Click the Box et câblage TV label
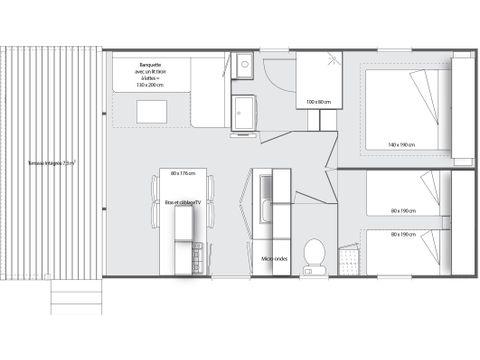pyautogui.click(x=183, y=203)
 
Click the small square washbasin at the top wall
pyautogui.click(x=244, y=66)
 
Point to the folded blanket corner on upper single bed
pyautogui.click(x=431, y=185)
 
